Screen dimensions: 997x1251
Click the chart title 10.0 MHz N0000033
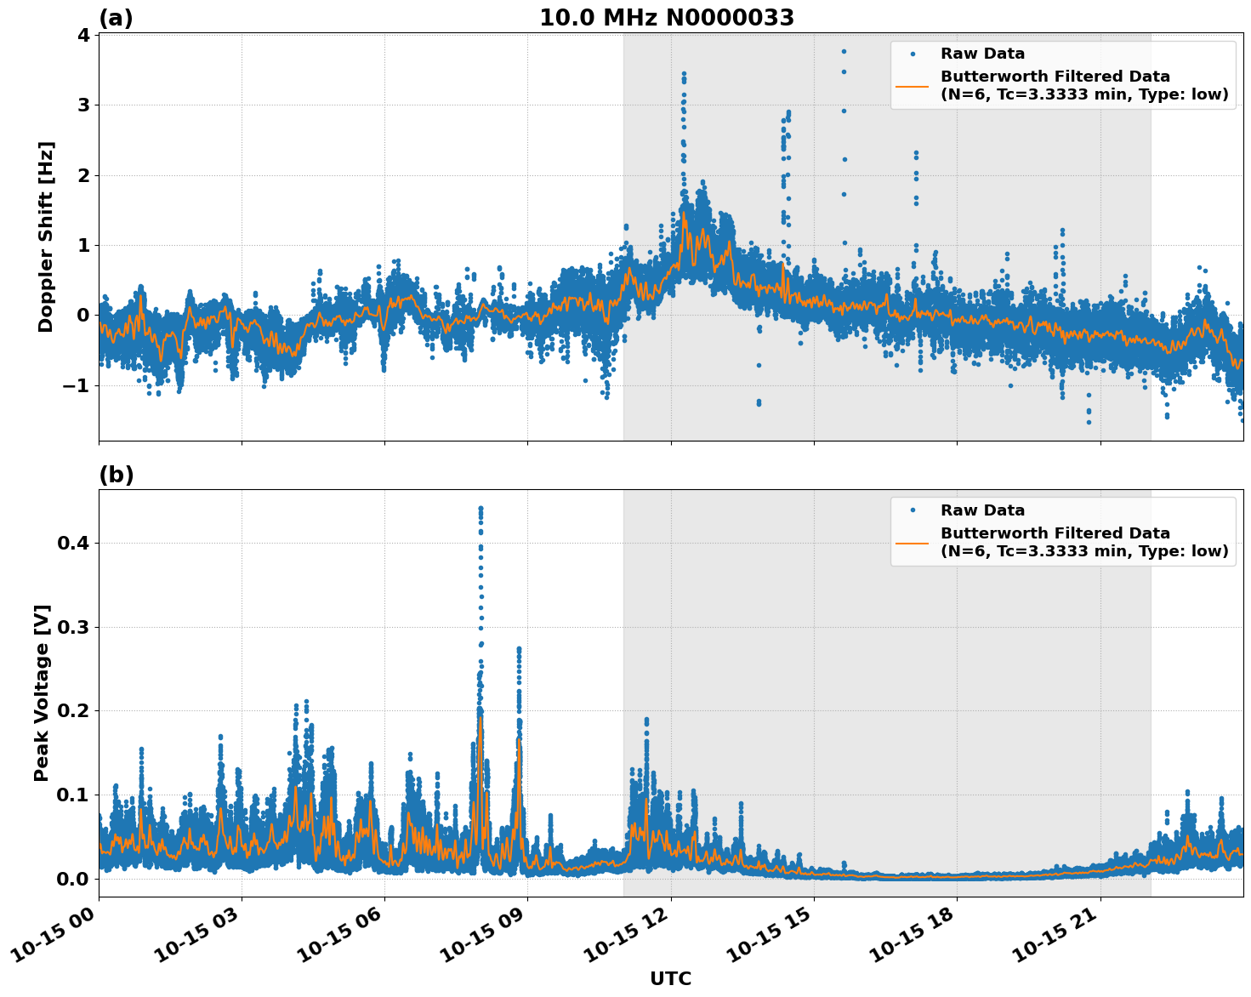point(667,18)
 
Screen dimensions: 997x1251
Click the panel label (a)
point(116,18)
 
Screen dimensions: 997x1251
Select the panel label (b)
point(116,475)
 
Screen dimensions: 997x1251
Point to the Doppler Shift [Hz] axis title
point(46,236)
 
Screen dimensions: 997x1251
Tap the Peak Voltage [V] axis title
point(42,692)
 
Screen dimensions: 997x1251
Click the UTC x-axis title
point(670,978)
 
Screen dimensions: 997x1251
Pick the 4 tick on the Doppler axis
point(83,35)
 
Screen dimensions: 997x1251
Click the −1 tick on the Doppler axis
point(77,385)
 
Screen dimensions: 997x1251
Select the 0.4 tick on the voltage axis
point(73,543)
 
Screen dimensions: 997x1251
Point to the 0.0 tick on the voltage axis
point(73,878)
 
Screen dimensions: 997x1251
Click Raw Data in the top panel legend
point(982,54)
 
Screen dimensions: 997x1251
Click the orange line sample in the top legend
point(913,86)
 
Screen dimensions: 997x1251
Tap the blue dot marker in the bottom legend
point(913,510)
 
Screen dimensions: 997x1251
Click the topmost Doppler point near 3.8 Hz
point(844,51)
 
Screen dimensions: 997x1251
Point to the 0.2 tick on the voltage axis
point(73,710)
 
